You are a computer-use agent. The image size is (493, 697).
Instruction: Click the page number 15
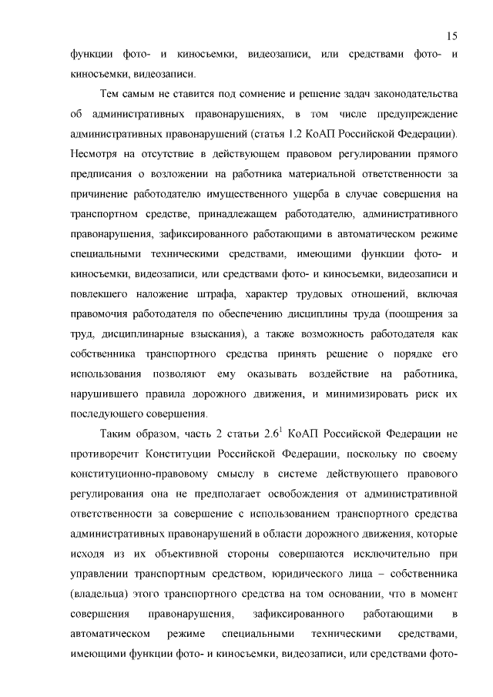tap(452, 36)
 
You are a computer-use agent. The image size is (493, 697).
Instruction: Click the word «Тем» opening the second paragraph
tap(112, 95)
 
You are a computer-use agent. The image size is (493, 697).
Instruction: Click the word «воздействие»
tap(331, 375)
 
